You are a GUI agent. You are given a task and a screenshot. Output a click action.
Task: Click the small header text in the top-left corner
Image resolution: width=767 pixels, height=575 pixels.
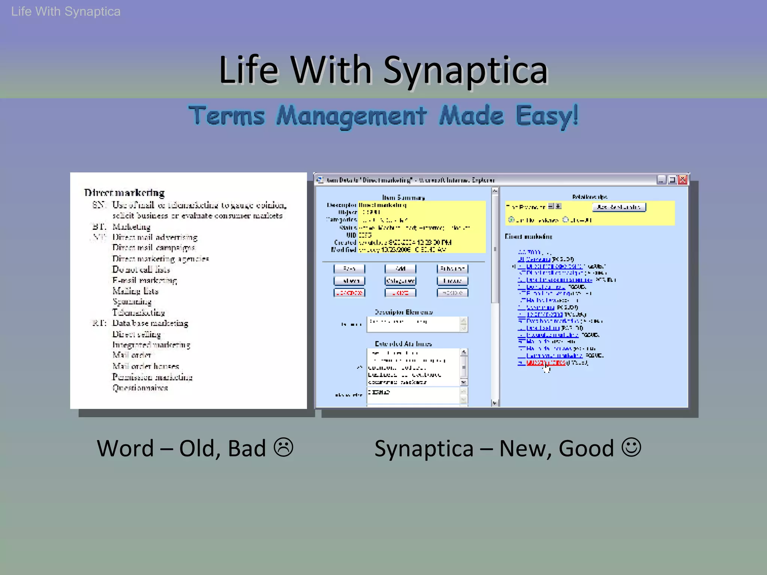tap(66, 12)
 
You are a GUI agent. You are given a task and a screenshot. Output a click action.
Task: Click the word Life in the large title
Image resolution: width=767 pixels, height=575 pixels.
tap(248, 70)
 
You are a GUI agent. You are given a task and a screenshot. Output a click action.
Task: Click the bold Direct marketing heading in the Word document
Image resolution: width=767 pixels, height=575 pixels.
tap(124, 193)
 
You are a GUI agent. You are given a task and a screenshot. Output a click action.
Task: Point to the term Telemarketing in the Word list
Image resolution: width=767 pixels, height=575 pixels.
tap(139, 313)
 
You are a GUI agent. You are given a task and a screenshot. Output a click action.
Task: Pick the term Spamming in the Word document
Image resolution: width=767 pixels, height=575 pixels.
tap(132, 302)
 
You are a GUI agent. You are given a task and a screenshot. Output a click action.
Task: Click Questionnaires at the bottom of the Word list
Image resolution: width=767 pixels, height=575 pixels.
tap(140, 388)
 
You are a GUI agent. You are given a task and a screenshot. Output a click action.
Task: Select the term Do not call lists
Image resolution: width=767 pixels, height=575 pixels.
tap(141, 270)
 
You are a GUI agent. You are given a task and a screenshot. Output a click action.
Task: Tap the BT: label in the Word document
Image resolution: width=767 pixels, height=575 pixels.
tap(99, 226)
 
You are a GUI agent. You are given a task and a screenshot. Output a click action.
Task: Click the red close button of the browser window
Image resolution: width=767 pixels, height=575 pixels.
tap(683, 180)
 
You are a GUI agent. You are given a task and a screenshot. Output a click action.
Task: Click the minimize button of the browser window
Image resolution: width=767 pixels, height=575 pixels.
tap(661, 180)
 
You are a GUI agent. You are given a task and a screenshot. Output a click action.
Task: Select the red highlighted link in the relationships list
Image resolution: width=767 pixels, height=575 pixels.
tap(546, 363)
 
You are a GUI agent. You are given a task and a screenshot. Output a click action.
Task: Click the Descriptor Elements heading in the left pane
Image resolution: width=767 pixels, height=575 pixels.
tap(404, 312)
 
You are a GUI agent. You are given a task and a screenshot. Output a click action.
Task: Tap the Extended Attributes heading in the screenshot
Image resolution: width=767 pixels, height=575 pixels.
tap(403, 344)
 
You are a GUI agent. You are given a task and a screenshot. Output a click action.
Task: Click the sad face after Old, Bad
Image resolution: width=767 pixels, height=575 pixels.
tap(284, 447)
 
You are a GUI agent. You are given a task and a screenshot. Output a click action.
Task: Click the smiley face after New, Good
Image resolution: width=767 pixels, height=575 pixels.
tap(631, 447)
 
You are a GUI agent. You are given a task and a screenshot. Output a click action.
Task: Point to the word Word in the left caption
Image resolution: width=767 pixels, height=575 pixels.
tap(125, 448)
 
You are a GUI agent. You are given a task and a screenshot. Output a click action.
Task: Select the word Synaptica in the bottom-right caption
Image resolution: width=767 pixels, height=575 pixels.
tap(424, 448)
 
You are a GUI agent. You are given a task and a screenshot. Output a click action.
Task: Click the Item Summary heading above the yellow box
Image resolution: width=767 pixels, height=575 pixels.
tap(403, 197)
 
